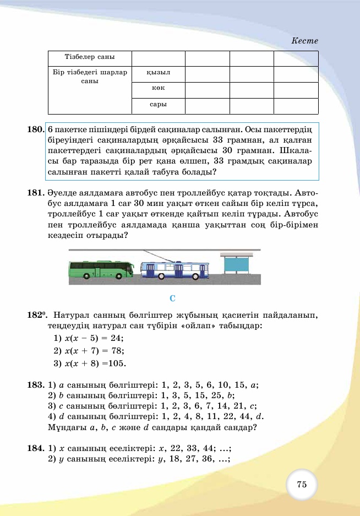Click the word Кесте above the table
304,41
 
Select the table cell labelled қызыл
159,73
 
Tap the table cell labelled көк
159,88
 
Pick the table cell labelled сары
159,104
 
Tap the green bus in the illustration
101,269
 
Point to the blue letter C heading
172,298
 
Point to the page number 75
302,485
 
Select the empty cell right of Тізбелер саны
159,57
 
